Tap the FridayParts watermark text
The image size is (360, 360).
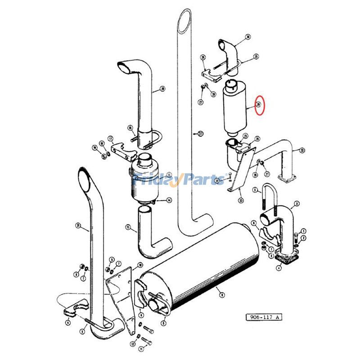coord(180,180)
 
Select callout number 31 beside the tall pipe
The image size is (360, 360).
coord(201,134)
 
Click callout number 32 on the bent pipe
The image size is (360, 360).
coord(302,150)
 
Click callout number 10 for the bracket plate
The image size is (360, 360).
coord(140,265)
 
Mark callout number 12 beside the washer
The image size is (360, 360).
coord(132,344)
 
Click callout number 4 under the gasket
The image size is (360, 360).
coord(279,268)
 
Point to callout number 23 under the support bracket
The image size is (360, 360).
coord(241,201)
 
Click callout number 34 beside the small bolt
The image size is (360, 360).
coord(217,180)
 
